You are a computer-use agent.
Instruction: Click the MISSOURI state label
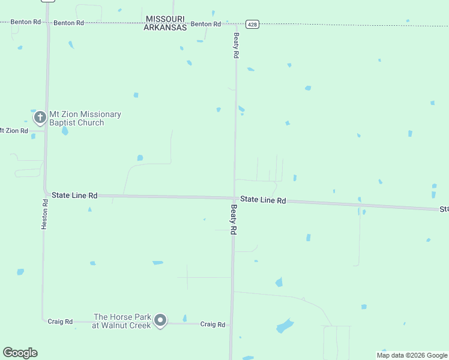click(x=164, y=19)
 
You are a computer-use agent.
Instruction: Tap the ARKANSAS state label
click(x=165, y=28)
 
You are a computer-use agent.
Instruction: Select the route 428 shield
click(x=253, y=24)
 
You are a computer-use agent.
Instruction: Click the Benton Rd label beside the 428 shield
click(x=206, y=24)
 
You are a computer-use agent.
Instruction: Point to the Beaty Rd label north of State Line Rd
click(x=237, y=45)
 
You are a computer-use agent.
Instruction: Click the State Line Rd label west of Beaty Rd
click(x=74, y=196)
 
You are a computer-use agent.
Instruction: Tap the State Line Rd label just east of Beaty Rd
click(x=263, y=200)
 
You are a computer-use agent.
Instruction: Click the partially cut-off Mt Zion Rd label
click(x=13, y=130)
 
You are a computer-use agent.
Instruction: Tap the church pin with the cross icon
click(x=40, y=117)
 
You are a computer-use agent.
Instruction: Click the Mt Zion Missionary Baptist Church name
click(x=85, y=118)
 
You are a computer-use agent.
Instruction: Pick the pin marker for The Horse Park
click(x=160, y=320)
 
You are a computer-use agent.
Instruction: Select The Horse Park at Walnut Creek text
click(x=122, y=321)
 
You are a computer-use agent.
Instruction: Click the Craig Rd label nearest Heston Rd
click(x=60, y=322)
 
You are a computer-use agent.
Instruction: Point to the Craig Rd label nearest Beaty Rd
click(x=212, y=324)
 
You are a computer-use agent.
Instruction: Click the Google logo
click(x=20, y=353)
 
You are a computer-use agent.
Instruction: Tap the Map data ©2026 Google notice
click(x=412, y=355)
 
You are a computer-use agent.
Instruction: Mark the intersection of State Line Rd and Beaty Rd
click(x=234, y=198)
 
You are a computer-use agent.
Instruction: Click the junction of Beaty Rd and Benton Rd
click(x=237, y=24)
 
